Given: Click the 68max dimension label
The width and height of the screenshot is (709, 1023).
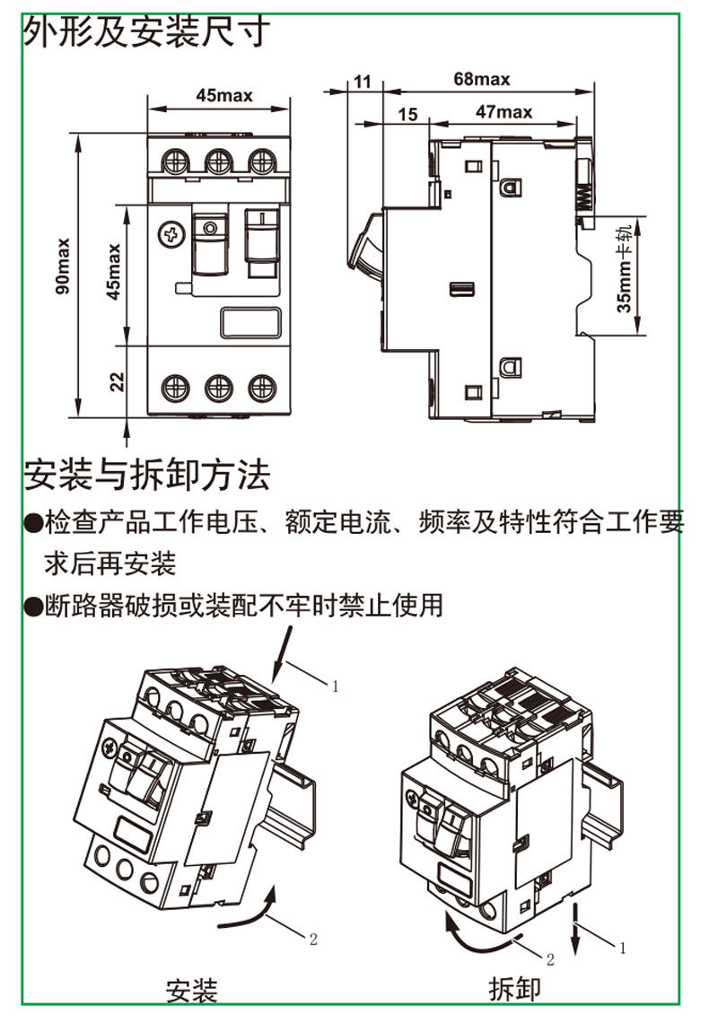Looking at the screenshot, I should [481, 79].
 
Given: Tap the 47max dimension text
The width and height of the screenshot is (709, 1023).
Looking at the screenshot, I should [503, 112].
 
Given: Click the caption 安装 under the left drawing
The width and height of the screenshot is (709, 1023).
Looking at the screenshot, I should [191, 990].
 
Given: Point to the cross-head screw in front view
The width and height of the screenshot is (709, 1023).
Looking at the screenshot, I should [169, 235].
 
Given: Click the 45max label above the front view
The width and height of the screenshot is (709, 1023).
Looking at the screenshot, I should [223, 94].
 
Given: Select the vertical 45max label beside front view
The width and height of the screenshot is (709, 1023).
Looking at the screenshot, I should [115, 274].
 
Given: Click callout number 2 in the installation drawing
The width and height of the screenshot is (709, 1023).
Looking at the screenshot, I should [313, 940].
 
